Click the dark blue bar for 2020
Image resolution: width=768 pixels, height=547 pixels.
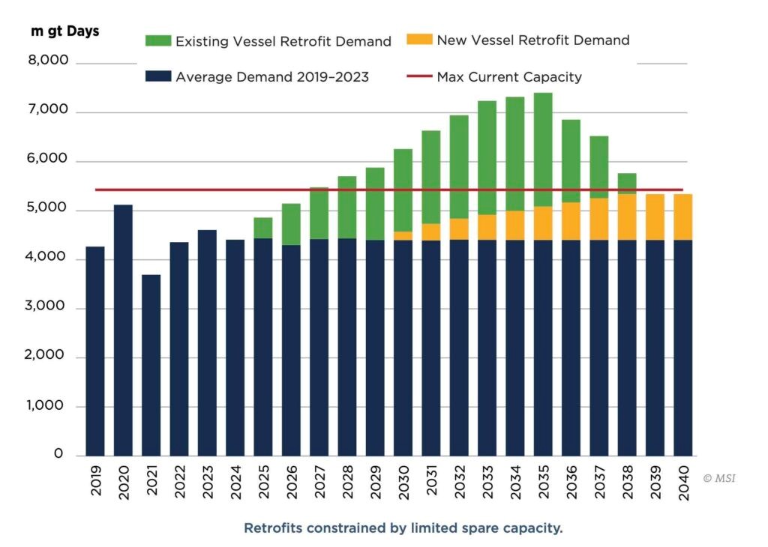123,330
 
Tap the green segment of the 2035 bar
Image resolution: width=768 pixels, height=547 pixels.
543,150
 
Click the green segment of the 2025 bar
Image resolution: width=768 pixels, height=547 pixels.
262,228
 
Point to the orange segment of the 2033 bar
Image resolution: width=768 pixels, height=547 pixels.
487,227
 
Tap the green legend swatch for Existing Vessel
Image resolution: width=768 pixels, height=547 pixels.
161,40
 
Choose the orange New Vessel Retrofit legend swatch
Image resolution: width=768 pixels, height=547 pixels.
422,39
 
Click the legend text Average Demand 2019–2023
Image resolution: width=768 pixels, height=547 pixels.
271,76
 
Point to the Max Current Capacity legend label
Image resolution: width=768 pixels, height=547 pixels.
509,76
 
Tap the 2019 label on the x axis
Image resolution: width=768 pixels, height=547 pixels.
95,479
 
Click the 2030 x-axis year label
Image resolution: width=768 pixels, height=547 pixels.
403,479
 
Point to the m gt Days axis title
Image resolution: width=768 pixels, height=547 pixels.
64,31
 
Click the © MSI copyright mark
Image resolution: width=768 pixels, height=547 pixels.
719,477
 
